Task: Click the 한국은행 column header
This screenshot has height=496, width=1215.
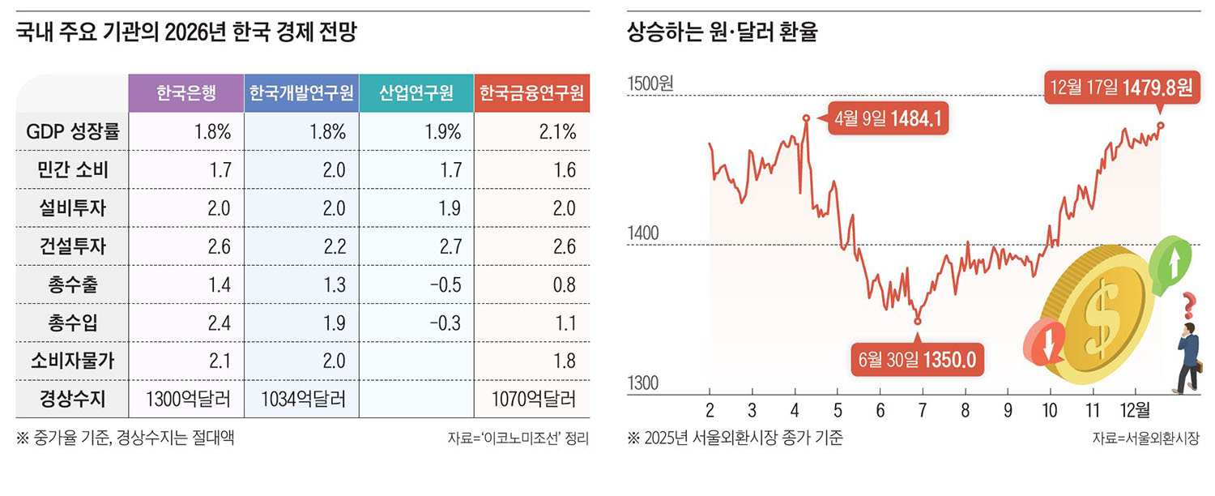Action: pyautogui.click(x=185, y=92)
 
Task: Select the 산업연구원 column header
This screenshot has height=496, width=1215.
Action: pyautogui.click(x=416, y=92)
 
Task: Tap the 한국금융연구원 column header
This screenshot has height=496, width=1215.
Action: pyautogui.click(x=531, y=92)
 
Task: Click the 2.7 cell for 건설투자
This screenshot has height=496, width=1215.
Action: pyautogui.click(x=450, y=246)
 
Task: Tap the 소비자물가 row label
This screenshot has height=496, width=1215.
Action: pyautogui.click(x=72, y=361)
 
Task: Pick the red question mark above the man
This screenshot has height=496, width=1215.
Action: pyautogui.click(x=1189, y=306)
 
